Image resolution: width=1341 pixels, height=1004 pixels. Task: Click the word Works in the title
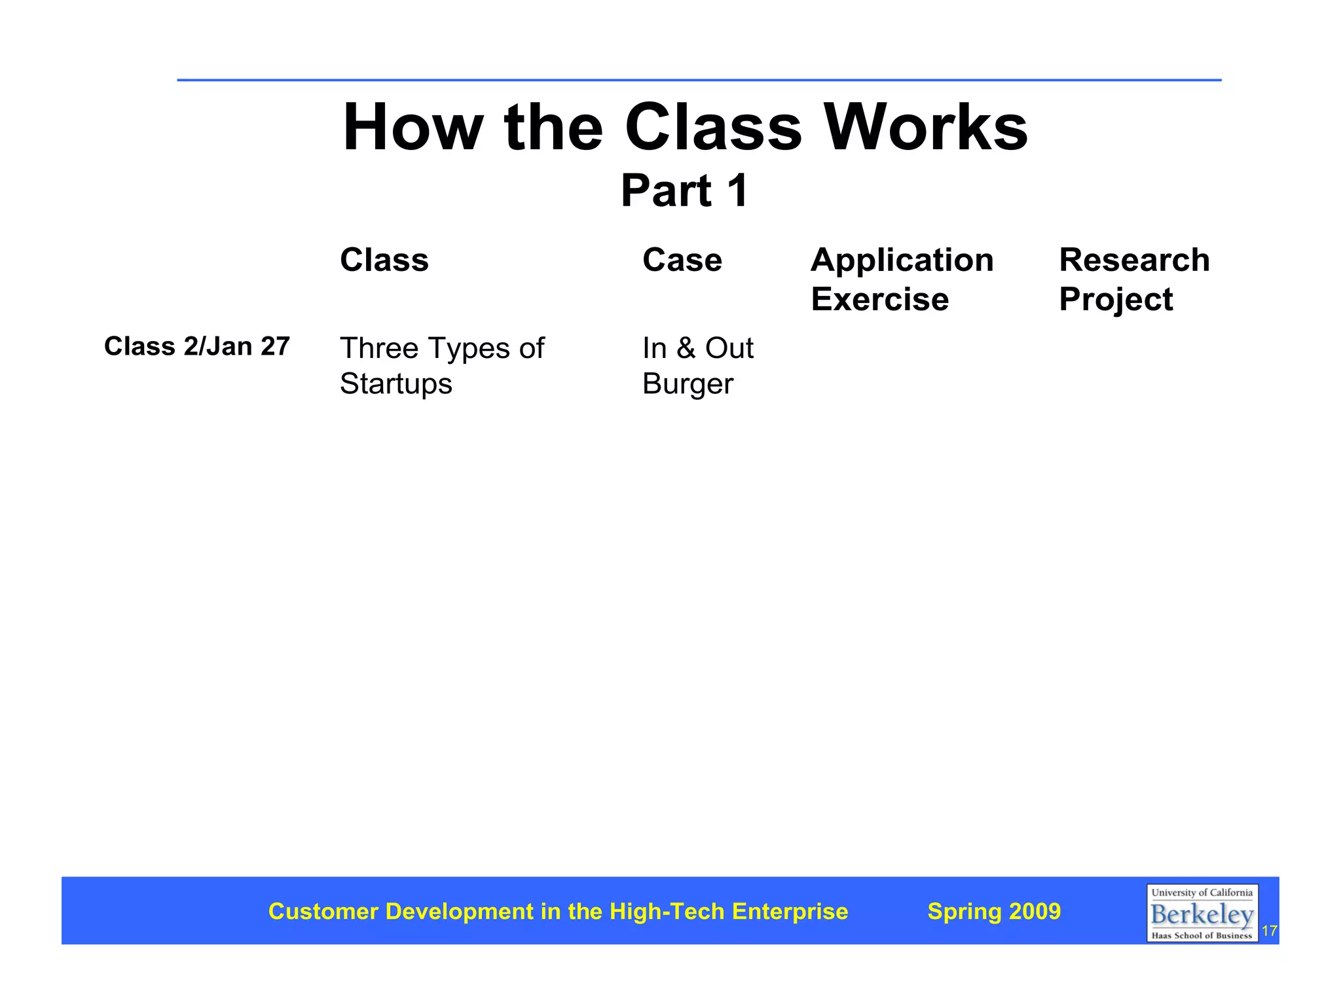925,128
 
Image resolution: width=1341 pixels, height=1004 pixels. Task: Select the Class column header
384,260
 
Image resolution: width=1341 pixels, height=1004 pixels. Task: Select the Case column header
682,260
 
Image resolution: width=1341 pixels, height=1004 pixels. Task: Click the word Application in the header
902,260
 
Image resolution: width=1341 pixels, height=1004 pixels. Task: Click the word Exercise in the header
879,299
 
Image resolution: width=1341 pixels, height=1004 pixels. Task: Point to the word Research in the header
1134,260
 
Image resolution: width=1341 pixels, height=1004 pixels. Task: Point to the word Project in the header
1116,300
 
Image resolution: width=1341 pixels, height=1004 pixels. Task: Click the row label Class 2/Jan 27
196,346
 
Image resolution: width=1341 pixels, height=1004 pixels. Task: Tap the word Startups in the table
395,384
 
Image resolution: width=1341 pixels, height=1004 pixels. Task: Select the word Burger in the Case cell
687,384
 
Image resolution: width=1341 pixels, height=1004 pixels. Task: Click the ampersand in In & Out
686,348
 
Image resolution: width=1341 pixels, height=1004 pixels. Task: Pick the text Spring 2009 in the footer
993,911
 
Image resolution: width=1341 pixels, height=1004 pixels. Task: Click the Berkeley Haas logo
1202,913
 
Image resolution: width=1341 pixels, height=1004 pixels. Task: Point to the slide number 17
1269,931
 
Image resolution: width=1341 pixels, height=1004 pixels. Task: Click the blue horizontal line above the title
699,80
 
